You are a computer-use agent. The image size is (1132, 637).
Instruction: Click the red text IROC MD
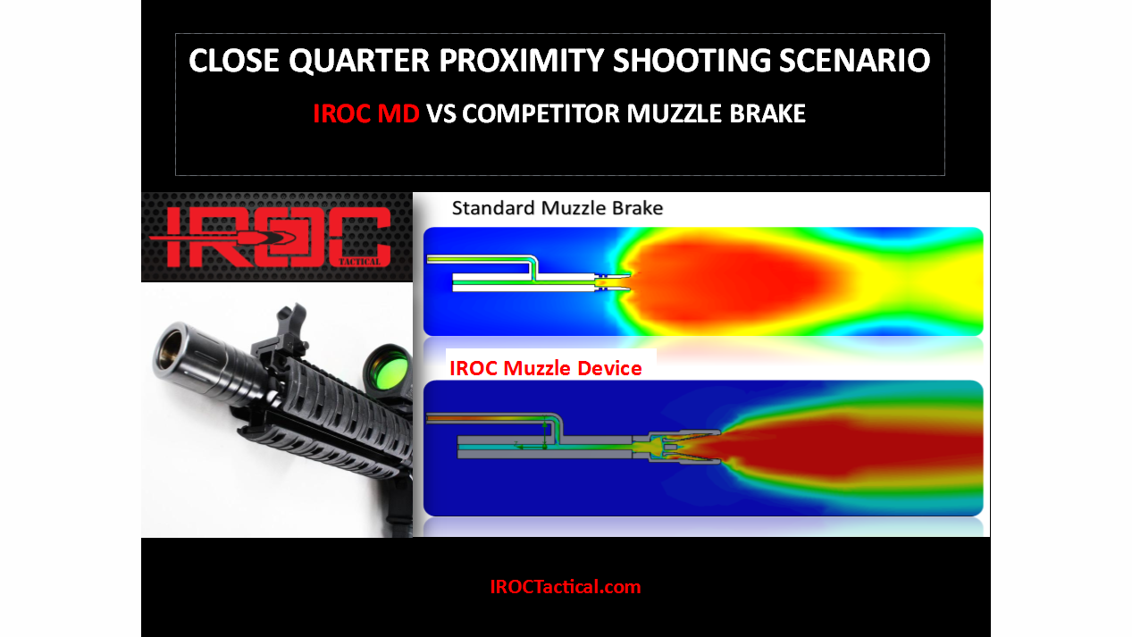coord(365,114)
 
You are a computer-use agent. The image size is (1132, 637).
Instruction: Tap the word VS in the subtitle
coord(441,114)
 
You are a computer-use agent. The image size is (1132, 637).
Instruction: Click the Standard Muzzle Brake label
coord(557,209)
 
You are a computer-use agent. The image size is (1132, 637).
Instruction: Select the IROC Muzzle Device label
coord(545,368)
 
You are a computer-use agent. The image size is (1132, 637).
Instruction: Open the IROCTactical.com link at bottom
coord(565,587)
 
